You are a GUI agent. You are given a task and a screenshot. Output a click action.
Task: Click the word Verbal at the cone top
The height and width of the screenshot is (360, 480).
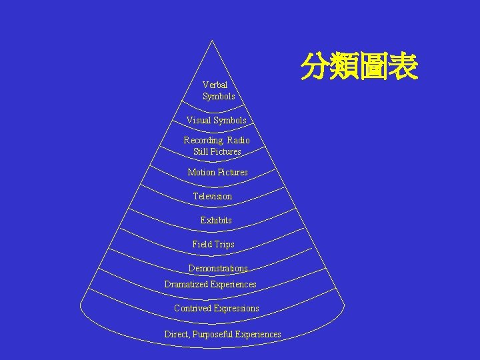pyautogui.click(x=215, y=85)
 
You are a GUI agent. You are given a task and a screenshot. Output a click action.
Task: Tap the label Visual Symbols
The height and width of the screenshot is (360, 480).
pyautogui.click(x=216, y=120)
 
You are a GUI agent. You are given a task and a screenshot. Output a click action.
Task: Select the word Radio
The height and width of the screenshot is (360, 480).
pyautogui.click(x=238, y=140)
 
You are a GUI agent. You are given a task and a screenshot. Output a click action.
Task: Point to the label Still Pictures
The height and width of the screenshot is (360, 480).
pyautogui.click(x=217, y=151)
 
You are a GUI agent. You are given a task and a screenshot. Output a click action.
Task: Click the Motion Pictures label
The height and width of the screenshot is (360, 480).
pyautogui.click(x=217, y=172)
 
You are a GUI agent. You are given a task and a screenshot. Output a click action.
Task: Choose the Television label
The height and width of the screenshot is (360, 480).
pyautogui.click(x=213, y=196)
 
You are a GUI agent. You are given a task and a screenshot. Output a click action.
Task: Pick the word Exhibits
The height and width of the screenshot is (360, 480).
pyautogui.click(x=216, y=220)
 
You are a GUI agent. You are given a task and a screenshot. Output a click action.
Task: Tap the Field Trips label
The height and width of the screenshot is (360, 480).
pyautogui.click(x=213, y=244)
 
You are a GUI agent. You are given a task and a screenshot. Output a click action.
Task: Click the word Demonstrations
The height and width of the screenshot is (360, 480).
pyautogui.click(x=218, y=268)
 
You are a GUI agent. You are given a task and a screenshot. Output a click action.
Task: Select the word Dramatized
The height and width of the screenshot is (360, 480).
pyautogui.click(x=186, y=284)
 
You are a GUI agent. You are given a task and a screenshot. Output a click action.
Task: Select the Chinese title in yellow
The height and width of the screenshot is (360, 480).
pyautogui.click(x=359, y=67)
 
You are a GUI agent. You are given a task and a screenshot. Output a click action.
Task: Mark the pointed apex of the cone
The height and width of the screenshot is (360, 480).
pyautogui.click(x=212, y=41)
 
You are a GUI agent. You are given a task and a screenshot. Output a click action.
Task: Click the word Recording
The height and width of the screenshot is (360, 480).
pyautogui.click(x=203, y=140)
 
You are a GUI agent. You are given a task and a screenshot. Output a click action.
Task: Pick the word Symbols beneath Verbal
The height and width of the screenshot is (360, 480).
pyautogui.click(x=219, y=96)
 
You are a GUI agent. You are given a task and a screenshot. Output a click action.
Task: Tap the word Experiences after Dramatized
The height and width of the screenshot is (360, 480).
pyautogui.click(x=233, y=284)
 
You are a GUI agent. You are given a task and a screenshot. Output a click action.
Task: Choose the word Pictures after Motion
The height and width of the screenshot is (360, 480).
pyautogui.click(x=233, y=172)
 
